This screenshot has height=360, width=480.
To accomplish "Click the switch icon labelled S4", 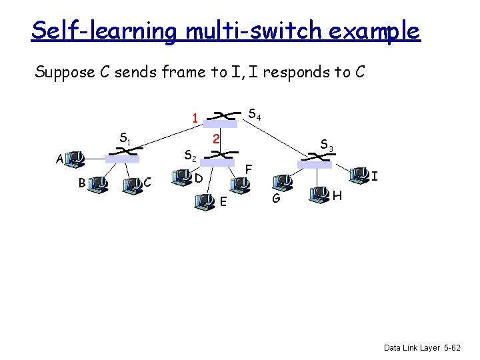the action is pos(221,118).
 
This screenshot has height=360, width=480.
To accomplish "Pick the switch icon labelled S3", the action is pos(314,159).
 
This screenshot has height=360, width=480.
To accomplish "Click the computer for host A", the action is pos(75,159).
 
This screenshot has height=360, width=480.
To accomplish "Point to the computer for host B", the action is pos(101,183).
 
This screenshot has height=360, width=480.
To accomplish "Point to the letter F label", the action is pos(248,170).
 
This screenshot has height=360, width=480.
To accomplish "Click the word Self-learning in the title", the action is pos(103,31).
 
